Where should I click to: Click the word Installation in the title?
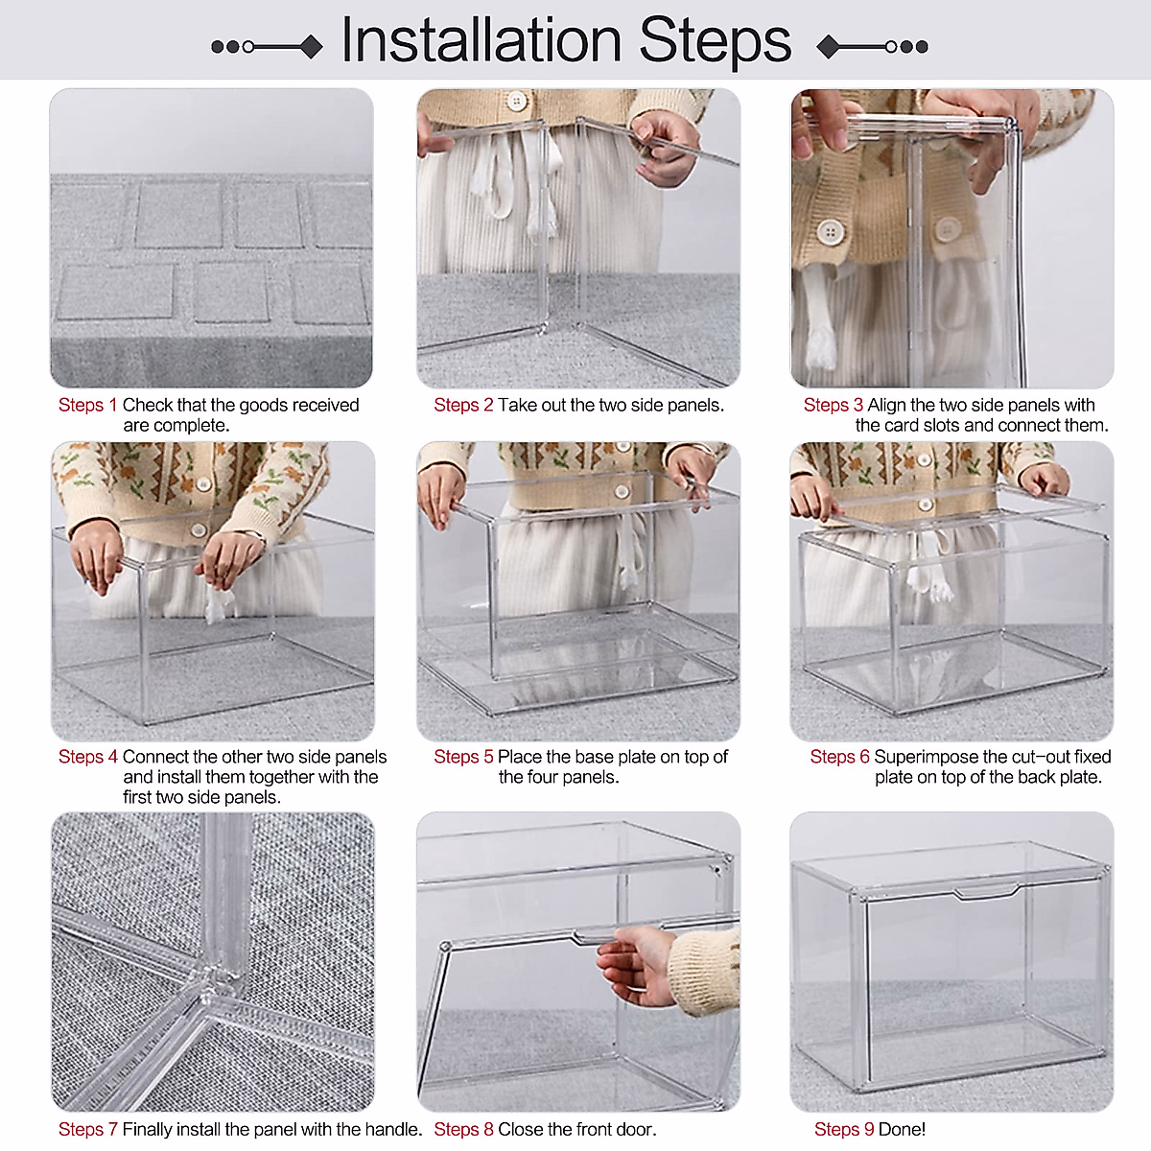point(482,39)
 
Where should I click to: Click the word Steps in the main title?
point(715,43)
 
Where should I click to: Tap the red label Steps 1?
point(88,405)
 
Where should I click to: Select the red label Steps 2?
point(463,405)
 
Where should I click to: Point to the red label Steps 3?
point(834,405)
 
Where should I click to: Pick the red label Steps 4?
point(88,757)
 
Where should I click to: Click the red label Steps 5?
point(463,757)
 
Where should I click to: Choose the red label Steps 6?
point(840,757)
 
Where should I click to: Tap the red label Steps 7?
point(88,1130)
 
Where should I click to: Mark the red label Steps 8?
point(463,1130)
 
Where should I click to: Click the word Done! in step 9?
point(902,1130)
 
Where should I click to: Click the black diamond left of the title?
point(311,47)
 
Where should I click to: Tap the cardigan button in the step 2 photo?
point(516,101)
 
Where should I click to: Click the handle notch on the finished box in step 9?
point(986,893)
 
